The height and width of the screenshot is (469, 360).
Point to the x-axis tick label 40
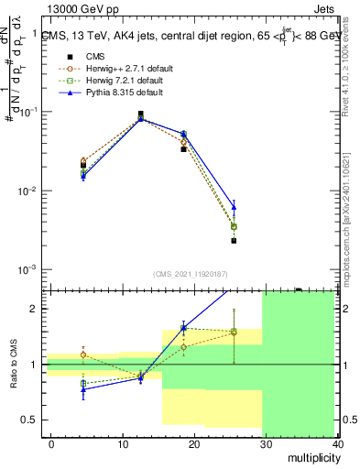(335, 443)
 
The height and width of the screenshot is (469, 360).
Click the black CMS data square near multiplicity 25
(234, 241)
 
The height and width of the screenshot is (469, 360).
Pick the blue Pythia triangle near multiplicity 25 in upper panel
(234, 207)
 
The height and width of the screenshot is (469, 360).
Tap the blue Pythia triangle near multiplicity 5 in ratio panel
(83, 389)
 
